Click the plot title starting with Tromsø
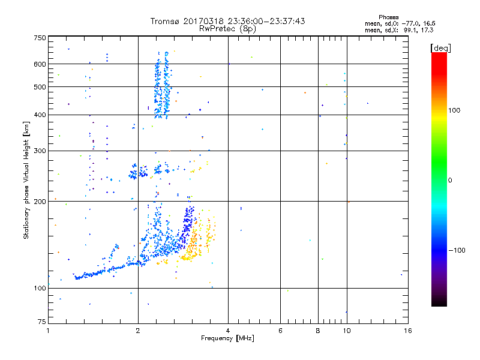coord(227,21)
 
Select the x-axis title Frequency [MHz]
coord(227,339)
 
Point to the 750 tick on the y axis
coord(40,38)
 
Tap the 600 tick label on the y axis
coord(40,64)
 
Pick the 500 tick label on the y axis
coord(40,87)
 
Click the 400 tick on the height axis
coord(40,115)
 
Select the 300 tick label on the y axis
coord(40,151)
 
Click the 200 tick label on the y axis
coord(40,202)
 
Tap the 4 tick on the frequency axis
coord(227,331)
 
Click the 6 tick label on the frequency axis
coord(280,331)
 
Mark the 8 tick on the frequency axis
coord(317,331)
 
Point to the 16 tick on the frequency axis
coord(407,331)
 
